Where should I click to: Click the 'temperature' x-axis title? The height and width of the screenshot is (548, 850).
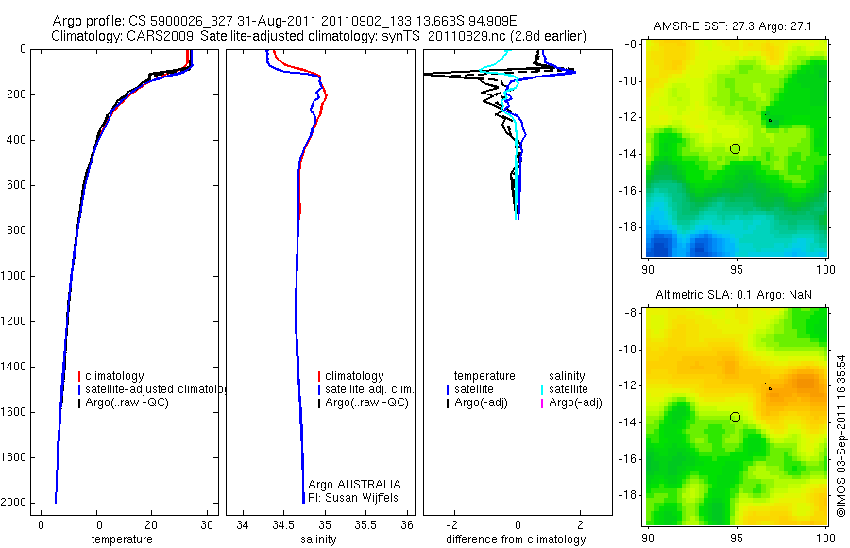pyautogui.click(x=121, y=539)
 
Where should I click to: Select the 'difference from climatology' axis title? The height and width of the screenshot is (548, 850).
pyautogui.click(x=517, y=539)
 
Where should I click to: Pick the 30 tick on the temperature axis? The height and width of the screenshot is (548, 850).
pyautogui.click(x=207, y=524)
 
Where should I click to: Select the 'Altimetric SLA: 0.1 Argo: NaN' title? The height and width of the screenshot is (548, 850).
pyautogui.click(x=734, y=295)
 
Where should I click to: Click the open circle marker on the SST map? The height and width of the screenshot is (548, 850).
pyautogui.click(x=735, y=148)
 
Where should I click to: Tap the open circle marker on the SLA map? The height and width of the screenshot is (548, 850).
pyautogui.click(x=735, y=417)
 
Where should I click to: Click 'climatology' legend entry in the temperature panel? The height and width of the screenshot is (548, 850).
pyautogui.click(x=114, y=376)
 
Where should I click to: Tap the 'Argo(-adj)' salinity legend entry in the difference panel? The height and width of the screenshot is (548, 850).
pyautogui.click(x=575, y=403)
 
